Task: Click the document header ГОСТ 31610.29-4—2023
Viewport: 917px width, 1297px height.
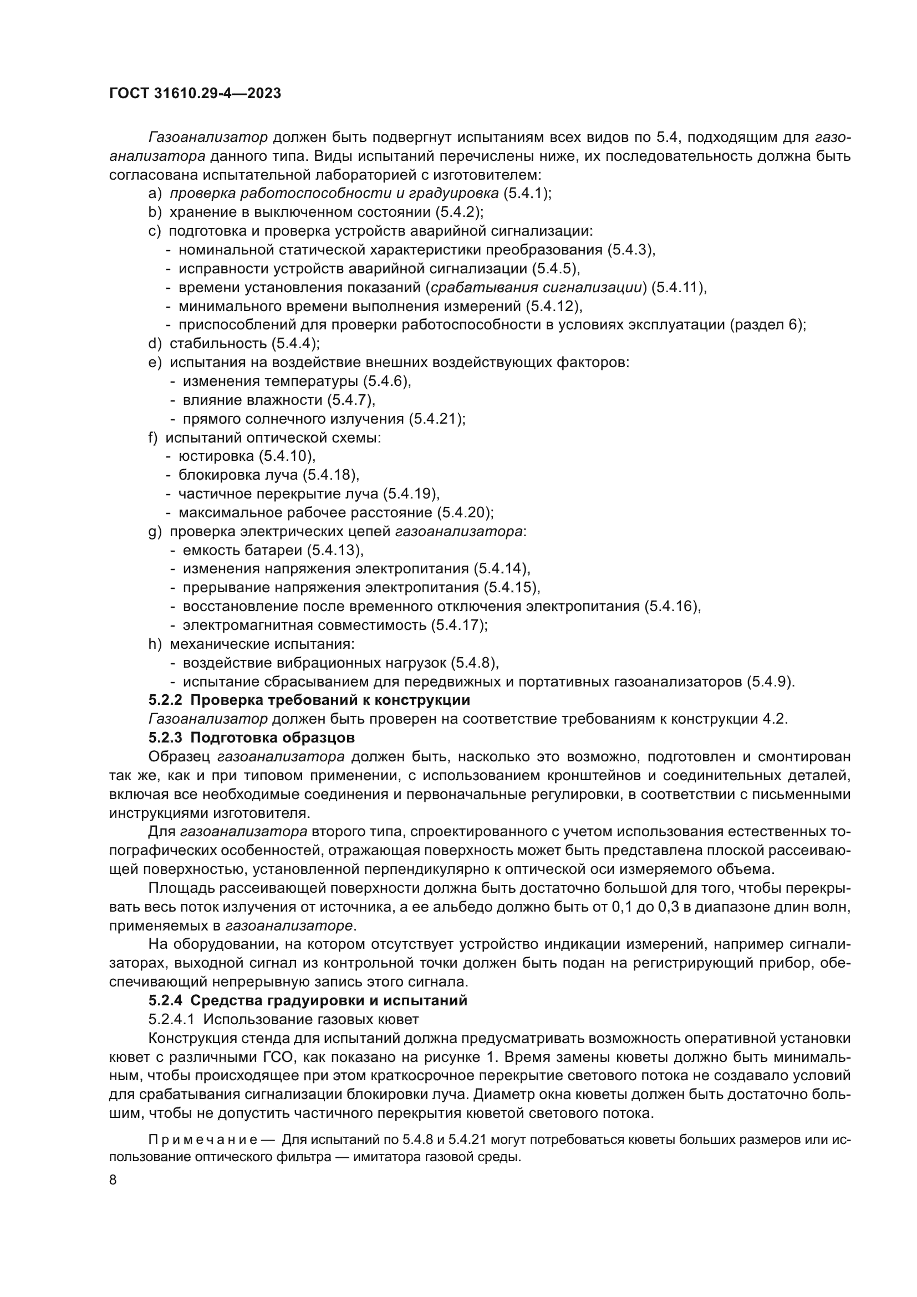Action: point(195,94)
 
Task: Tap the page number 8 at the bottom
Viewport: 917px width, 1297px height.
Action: point(113,1180)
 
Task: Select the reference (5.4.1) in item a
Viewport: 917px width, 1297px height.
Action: point(524,194)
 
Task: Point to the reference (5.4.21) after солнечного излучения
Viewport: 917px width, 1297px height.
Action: point(436,419)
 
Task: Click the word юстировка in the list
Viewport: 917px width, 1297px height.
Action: point(216,456)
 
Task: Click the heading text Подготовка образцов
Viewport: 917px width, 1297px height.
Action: point(273,737)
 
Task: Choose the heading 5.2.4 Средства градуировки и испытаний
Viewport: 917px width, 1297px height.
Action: point(308,1000)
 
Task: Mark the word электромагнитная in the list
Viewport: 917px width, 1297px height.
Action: point(248,625)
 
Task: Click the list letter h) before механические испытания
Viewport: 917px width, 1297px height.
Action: point(155,644)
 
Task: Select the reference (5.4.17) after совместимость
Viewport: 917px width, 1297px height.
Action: point(459,625)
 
